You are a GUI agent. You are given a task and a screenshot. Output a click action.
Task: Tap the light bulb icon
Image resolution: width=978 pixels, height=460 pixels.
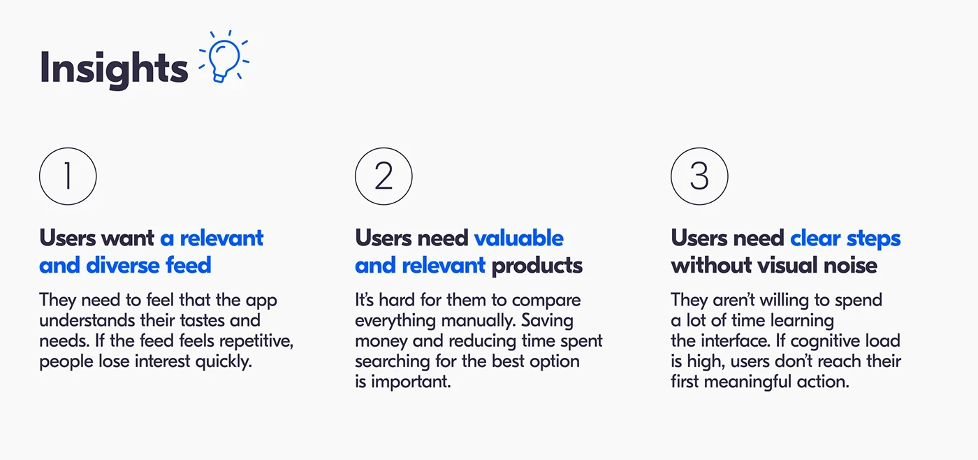pos(224,57)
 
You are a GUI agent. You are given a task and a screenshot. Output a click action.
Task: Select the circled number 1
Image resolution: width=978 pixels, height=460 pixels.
pos(68,176)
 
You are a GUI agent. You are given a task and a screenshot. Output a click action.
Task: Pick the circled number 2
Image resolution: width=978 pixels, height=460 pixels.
pos(384,176)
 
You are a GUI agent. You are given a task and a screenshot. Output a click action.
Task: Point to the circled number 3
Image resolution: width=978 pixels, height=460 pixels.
pos(699,176)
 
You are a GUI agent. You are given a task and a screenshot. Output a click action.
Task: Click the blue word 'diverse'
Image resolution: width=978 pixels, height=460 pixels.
pos(123,265)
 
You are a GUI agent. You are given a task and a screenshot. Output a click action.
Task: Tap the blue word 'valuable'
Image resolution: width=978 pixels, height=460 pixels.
pos(518,238)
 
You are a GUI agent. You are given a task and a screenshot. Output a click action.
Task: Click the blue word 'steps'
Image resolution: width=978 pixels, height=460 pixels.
pos(874,239)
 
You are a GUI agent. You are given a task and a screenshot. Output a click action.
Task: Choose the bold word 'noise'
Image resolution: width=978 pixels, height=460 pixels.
pos(851,266)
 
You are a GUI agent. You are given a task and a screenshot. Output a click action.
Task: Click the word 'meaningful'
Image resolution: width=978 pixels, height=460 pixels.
pos(748,382)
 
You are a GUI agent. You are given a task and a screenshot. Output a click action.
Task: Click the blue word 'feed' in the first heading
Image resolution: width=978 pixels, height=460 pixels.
pos(188,265)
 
